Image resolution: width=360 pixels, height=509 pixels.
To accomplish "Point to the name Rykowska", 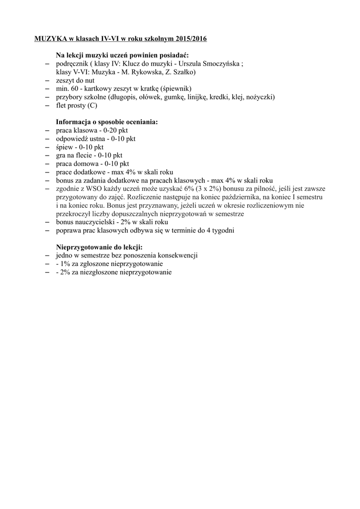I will (144, 72).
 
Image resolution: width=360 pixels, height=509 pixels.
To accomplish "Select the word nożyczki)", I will (260, 97).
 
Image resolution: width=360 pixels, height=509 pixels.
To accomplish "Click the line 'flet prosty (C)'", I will (77, 105).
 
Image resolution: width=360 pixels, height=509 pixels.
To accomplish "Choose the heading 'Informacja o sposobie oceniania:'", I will (107, 122).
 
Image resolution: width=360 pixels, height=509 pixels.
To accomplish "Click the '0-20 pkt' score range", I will (115, 130).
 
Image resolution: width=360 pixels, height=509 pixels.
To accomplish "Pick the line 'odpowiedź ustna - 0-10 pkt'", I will (95, 139).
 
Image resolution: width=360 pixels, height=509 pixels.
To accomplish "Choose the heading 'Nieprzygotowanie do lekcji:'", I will (99, 247).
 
